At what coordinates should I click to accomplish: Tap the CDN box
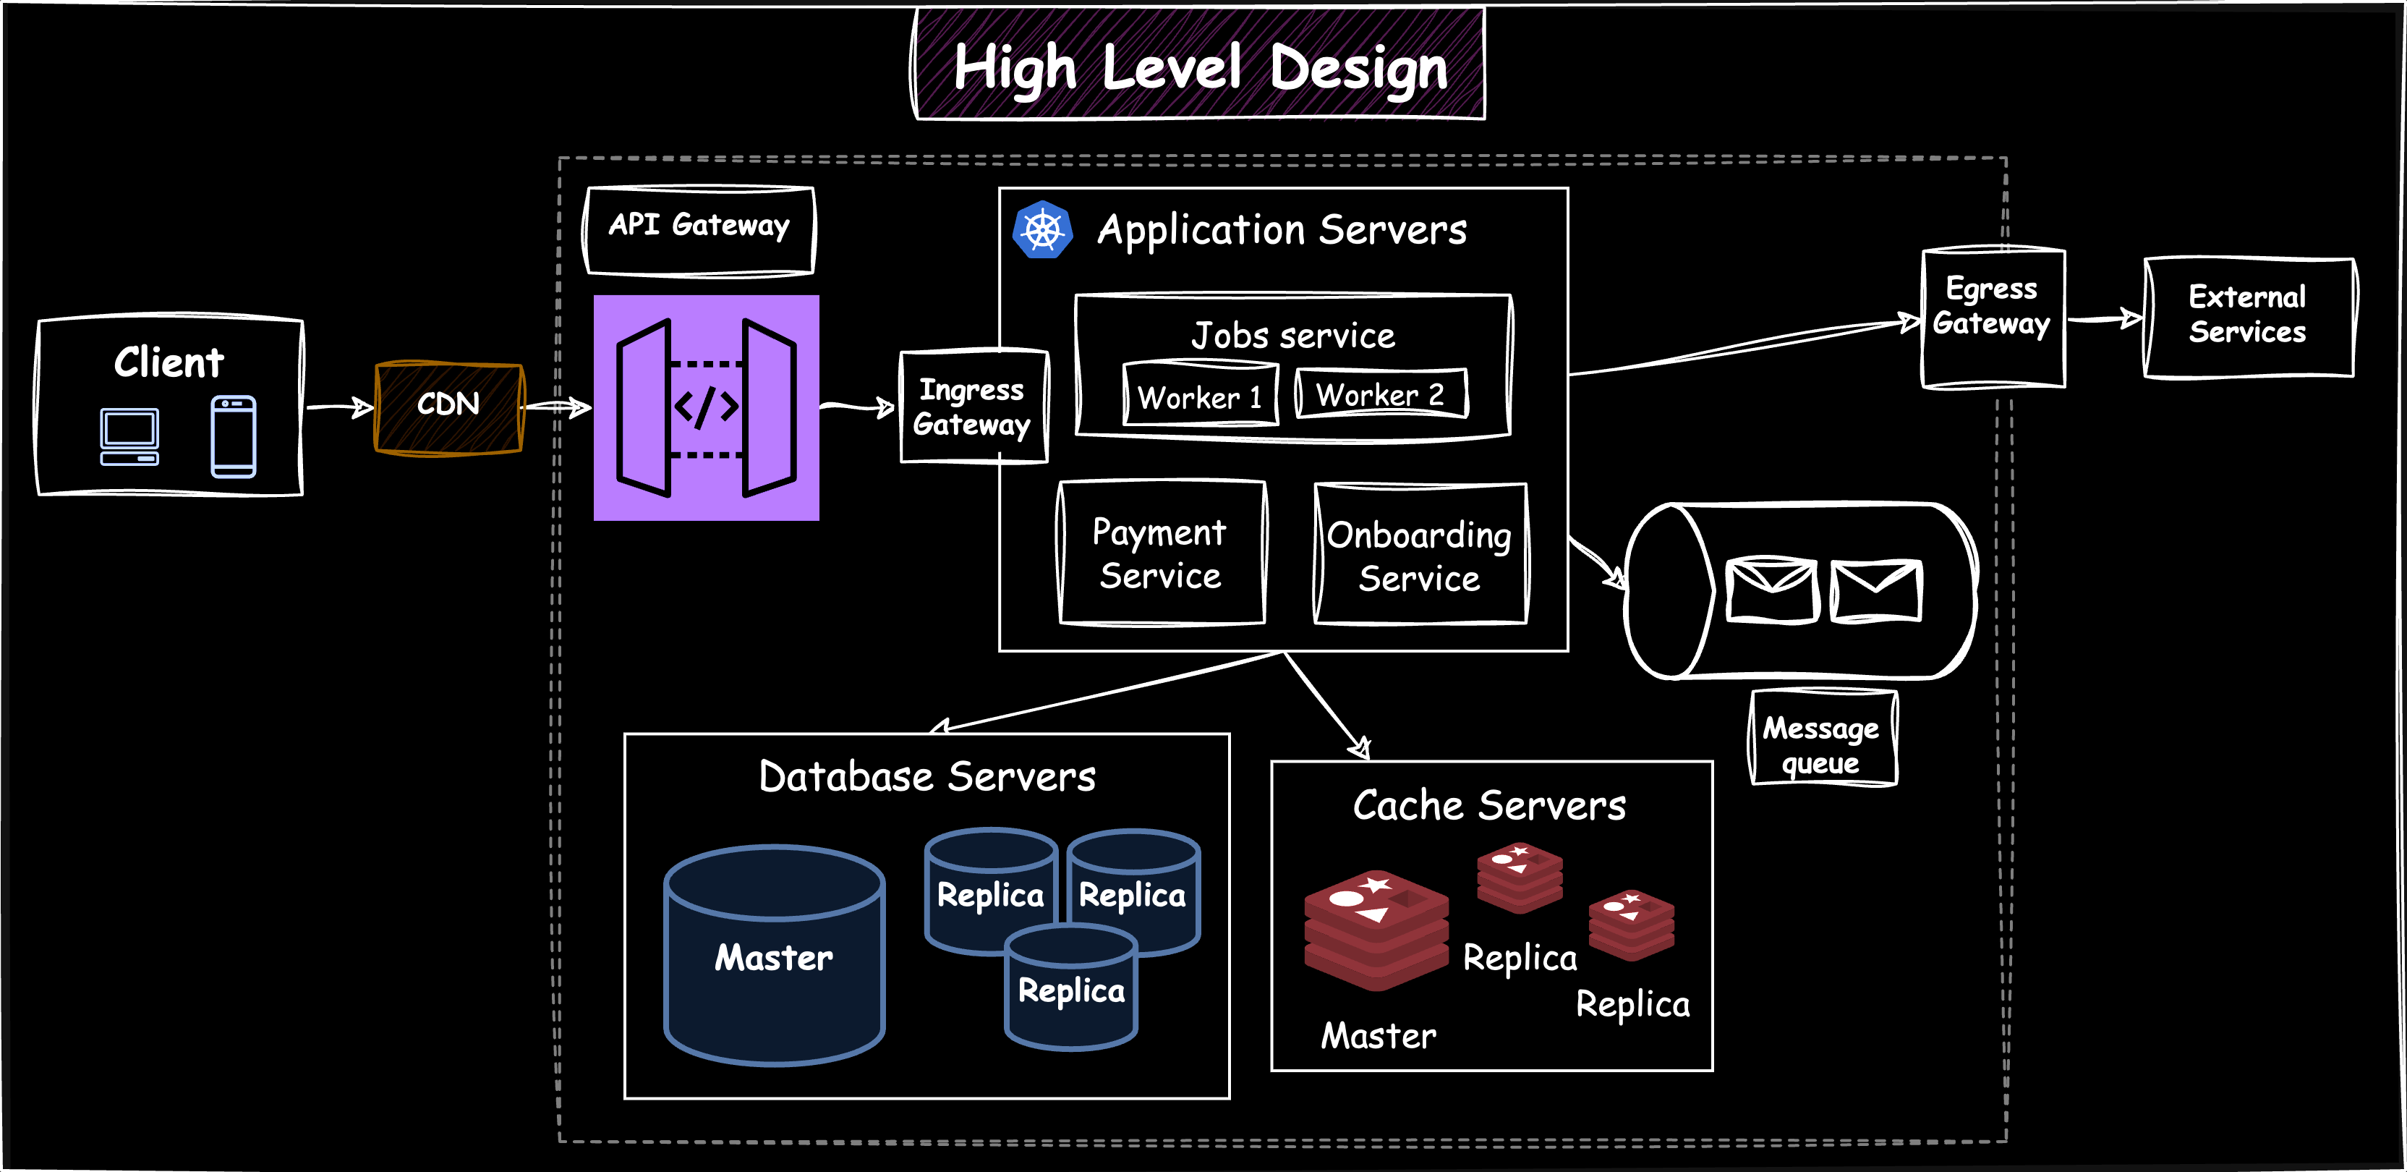click(x=448, y=407)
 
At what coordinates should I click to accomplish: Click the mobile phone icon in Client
click(x=233, y=436)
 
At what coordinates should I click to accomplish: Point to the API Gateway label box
click(x=699, y=229)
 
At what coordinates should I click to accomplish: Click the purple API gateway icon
click(x=707, y=407)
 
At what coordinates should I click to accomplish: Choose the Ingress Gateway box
click(x=972, y=407)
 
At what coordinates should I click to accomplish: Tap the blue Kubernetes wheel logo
click(x=1041, y=230)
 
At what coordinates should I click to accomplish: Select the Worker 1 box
click(x=1200, y=396)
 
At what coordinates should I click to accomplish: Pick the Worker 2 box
click(x=1380, y=394)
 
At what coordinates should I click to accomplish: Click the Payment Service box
click(x=1161, y=553)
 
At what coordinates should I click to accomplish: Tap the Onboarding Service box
click(x=1419, y=555)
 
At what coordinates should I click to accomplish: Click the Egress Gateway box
click(x=1991, y=318)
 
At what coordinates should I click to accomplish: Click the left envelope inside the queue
click(x=1771, y=590)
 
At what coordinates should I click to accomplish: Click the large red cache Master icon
click(x=1376, y=930)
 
